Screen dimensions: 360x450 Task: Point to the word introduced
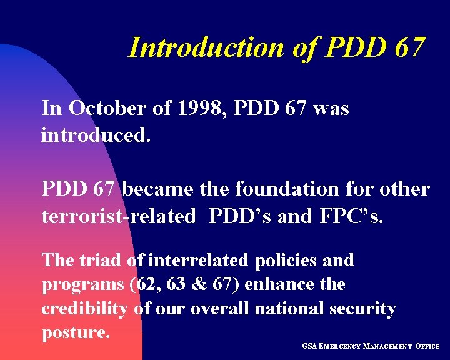coord(96,134)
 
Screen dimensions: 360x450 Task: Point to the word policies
coord(286,259)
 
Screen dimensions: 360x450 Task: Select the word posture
coord(76,332)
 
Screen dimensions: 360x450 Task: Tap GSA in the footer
coord(309,346)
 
